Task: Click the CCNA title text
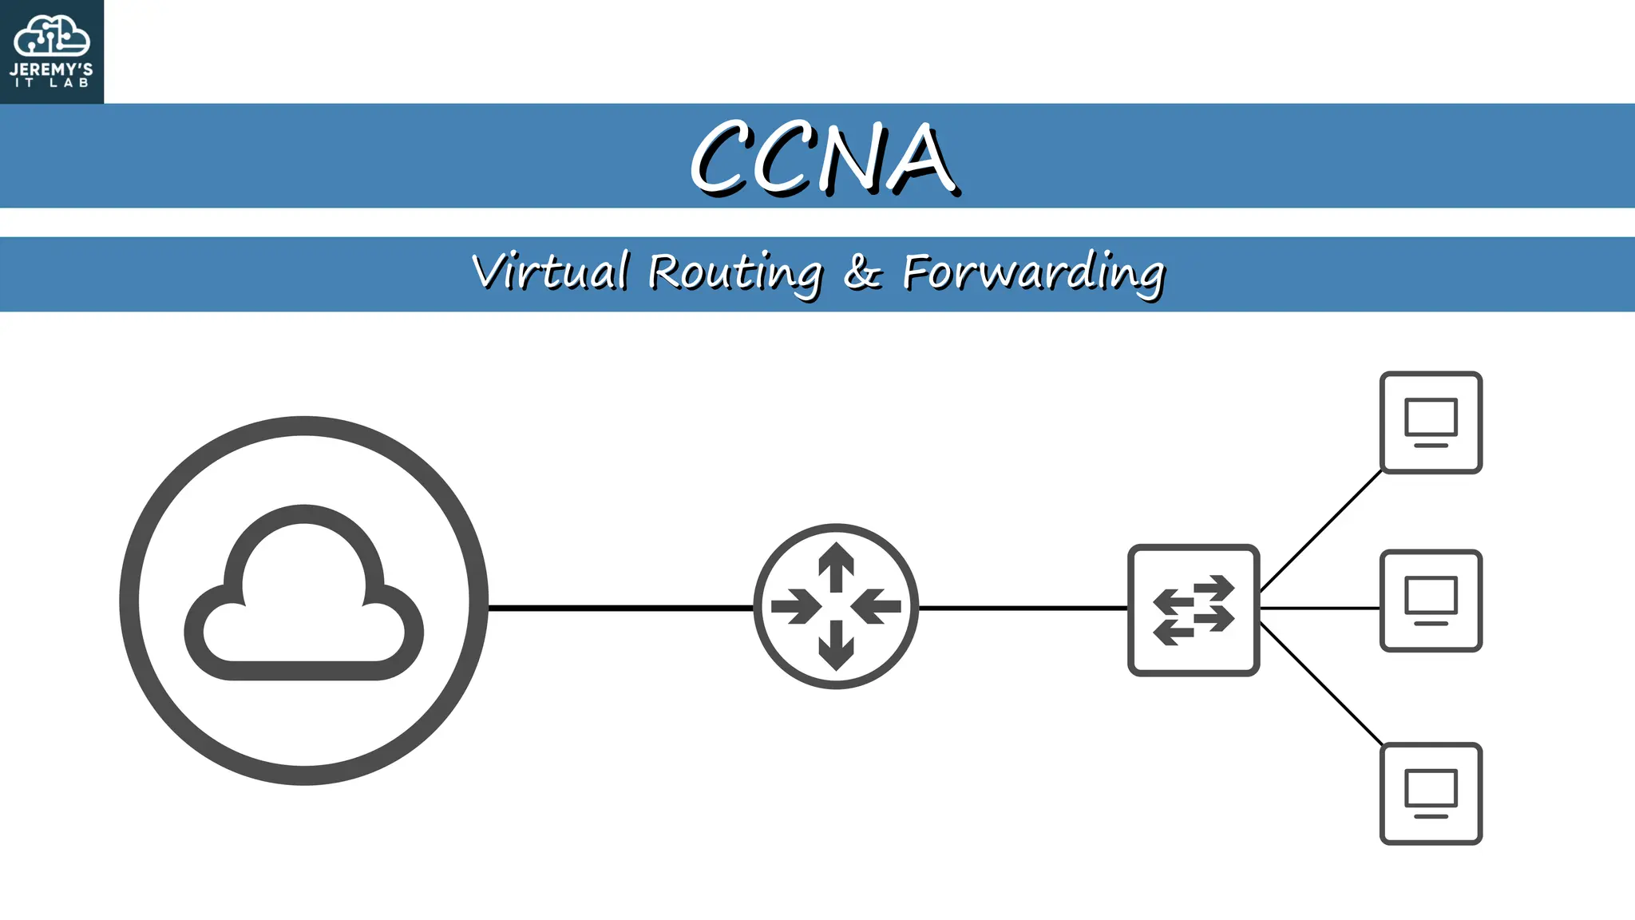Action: pyautogui.click(x=823, y=157)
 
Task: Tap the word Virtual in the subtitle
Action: pyautogui.click(x=550, y=272)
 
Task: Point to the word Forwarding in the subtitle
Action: pyautogui.click(x=1034, y=273)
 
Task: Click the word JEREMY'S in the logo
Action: pyautogui.click(x=51, y=69)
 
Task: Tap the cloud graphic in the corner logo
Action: pyautogui.click(x=52, y=36)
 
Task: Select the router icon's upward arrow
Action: pyautogui.click(x=836, y=566)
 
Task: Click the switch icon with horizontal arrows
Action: pyautogui.click(x=1194, y=610)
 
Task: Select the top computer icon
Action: pyautogui.click(x=1431, y=422)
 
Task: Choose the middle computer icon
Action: pyautogui.click(x=1431, y=601)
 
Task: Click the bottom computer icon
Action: pyautogui.click(x=1431, y=794)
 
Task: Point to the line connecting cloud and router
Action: pyautogui.click(x=621, y=608)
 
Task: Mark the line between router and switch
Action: pyautogui.click(x=1023, y=608)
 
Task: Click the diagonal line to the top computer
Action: pyautogui.click(x=1321, y=531)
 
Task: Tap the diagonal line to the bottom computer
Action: pyautogui.click(x=1321, y=684)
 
